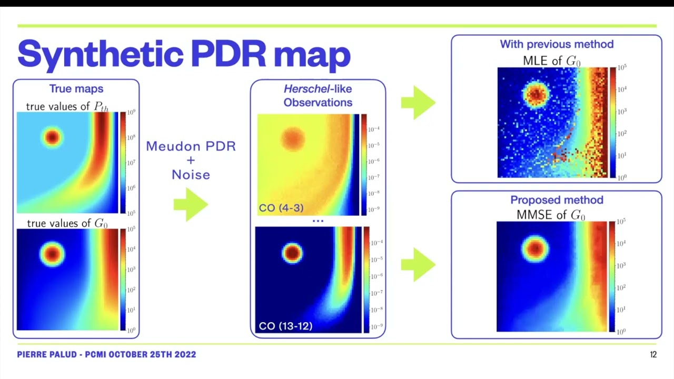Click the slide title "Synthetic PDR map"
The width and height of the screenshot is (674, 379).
[184, 53]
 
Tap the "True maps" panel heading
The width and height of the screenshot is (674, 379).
[76, 89]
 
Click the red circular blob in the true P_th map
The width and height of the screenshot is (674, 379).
[52, 137]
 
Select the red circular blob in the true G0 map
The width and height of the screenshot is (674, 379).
[52, 254]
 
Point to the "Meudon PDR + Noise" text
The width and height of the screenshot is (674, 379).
[191, 160]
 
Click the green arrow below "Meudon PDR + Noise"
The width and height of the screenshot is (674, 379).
[191, 204]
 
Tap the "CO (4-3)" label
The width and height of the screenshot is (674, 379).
[281, 208]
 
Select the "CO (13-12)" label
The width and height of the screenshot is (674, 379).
[285, 326]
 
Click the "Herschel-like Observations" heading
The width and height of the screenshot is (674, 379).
[318, 95]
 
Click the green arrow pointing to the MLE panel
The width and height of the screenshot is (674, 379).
[418, 103]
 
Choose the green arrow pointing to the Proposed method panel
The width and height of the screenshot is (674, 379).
[418, 265]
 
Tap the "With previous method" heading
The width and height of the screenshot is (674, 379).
[557, 44]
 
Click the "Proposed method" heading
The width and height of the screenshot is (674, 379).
[557, 200]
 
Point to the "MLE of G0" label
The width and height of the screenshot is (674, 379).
[551, 61]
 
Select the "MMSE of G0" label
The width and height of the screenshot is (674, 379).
[550, 215]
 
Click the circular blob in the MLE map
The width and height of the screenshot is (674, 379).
[536, 94]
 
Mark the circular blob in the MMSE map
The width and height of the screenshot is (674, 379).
[535, 247]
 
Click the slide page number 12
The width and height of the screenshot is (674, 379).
[653, 355]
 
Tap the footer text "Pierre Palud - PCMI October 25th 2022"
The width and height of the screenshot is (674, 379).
[106, 355]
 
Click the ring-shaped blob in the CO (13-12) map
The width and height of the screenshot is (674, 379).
[292, 253]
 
